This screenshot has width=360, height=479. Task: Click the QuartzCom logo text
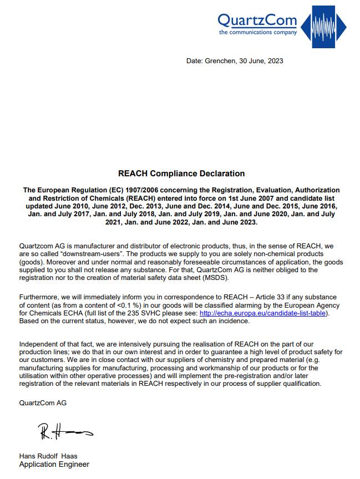pos(257,21)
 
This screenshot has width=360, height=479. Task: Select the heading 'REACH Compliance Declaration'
pos(181,174)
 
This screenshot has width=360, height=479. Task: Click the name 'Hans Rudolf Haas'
pos(48,456)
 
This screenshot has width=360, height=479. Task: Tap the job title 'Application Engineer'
pos(54,465)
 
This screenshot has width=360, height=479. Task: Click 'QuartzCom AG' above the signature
pos(43,403)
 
